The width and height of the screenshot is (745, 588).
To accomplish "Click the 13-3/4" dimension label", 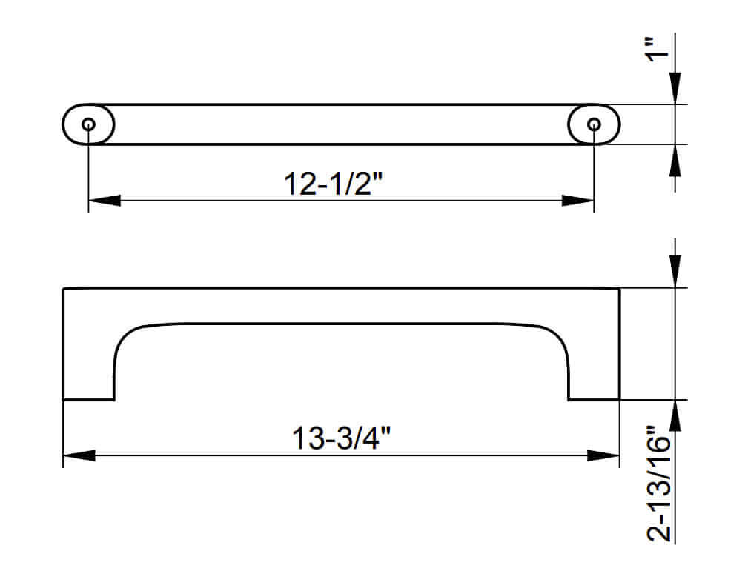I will pos(342,438).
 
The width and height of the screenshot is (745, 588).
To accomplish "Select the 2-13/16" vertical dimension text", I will pos(660,485).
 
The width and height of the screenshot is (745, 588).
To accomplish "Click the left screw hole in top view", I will pos(89,124).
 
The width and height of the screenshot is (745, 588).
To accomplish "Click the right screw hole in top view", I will pos(594,124).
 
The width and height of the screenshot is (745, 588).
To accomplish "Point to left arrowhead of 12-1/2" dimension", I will pos(104,201).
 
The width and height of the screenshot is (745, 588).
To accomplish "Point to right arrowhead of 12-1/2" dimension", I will pos(579,201).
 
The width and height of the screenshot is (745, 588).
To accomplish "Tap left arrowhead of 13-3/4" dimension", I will pos(79,455).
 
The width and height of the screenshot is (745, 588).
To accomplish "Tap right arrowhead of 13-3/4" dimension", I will pos(603,455).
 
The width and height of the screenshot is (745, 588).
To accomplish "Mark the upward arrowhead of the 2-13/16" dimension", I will pos(675,415).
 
